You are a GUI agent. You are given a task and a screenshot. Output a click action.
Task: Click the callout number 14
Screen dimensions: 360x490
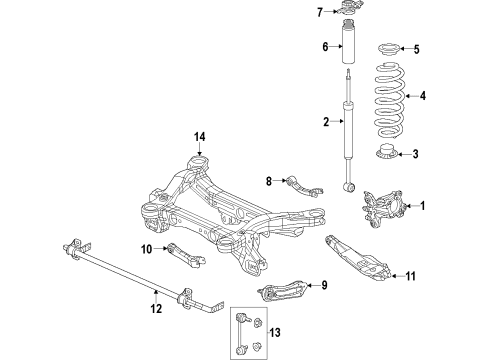199,136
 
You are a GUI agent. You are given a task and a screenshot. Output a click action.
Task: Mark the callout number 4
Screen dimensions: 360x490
423,97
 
